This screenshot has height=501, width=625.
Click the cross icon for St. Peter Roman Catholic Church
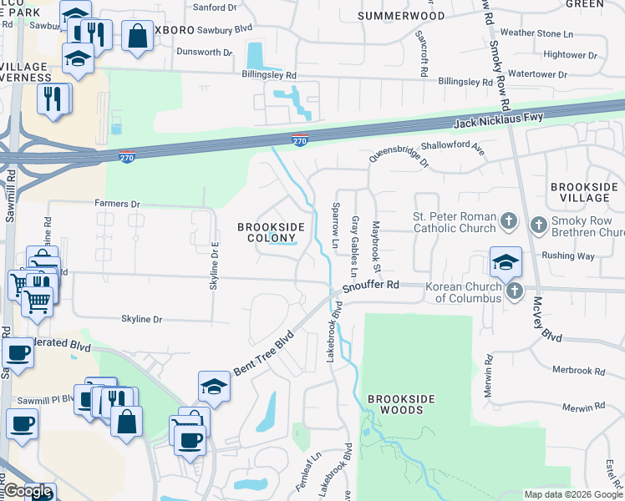[508, 223]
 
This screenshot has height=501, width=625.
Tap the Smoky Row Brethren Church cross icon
[539, 224]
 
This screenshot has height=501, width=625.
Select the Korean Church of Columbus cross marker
[516, 291]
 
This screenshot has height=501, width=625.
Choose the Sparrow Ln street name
[336, 225]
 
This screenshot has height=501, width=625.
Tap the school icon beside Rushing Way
[506, 261]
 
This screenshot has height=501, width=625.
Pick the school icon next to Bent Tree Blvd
[214, 386]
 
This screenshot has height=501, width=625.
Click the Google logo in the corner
[28, 491]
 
